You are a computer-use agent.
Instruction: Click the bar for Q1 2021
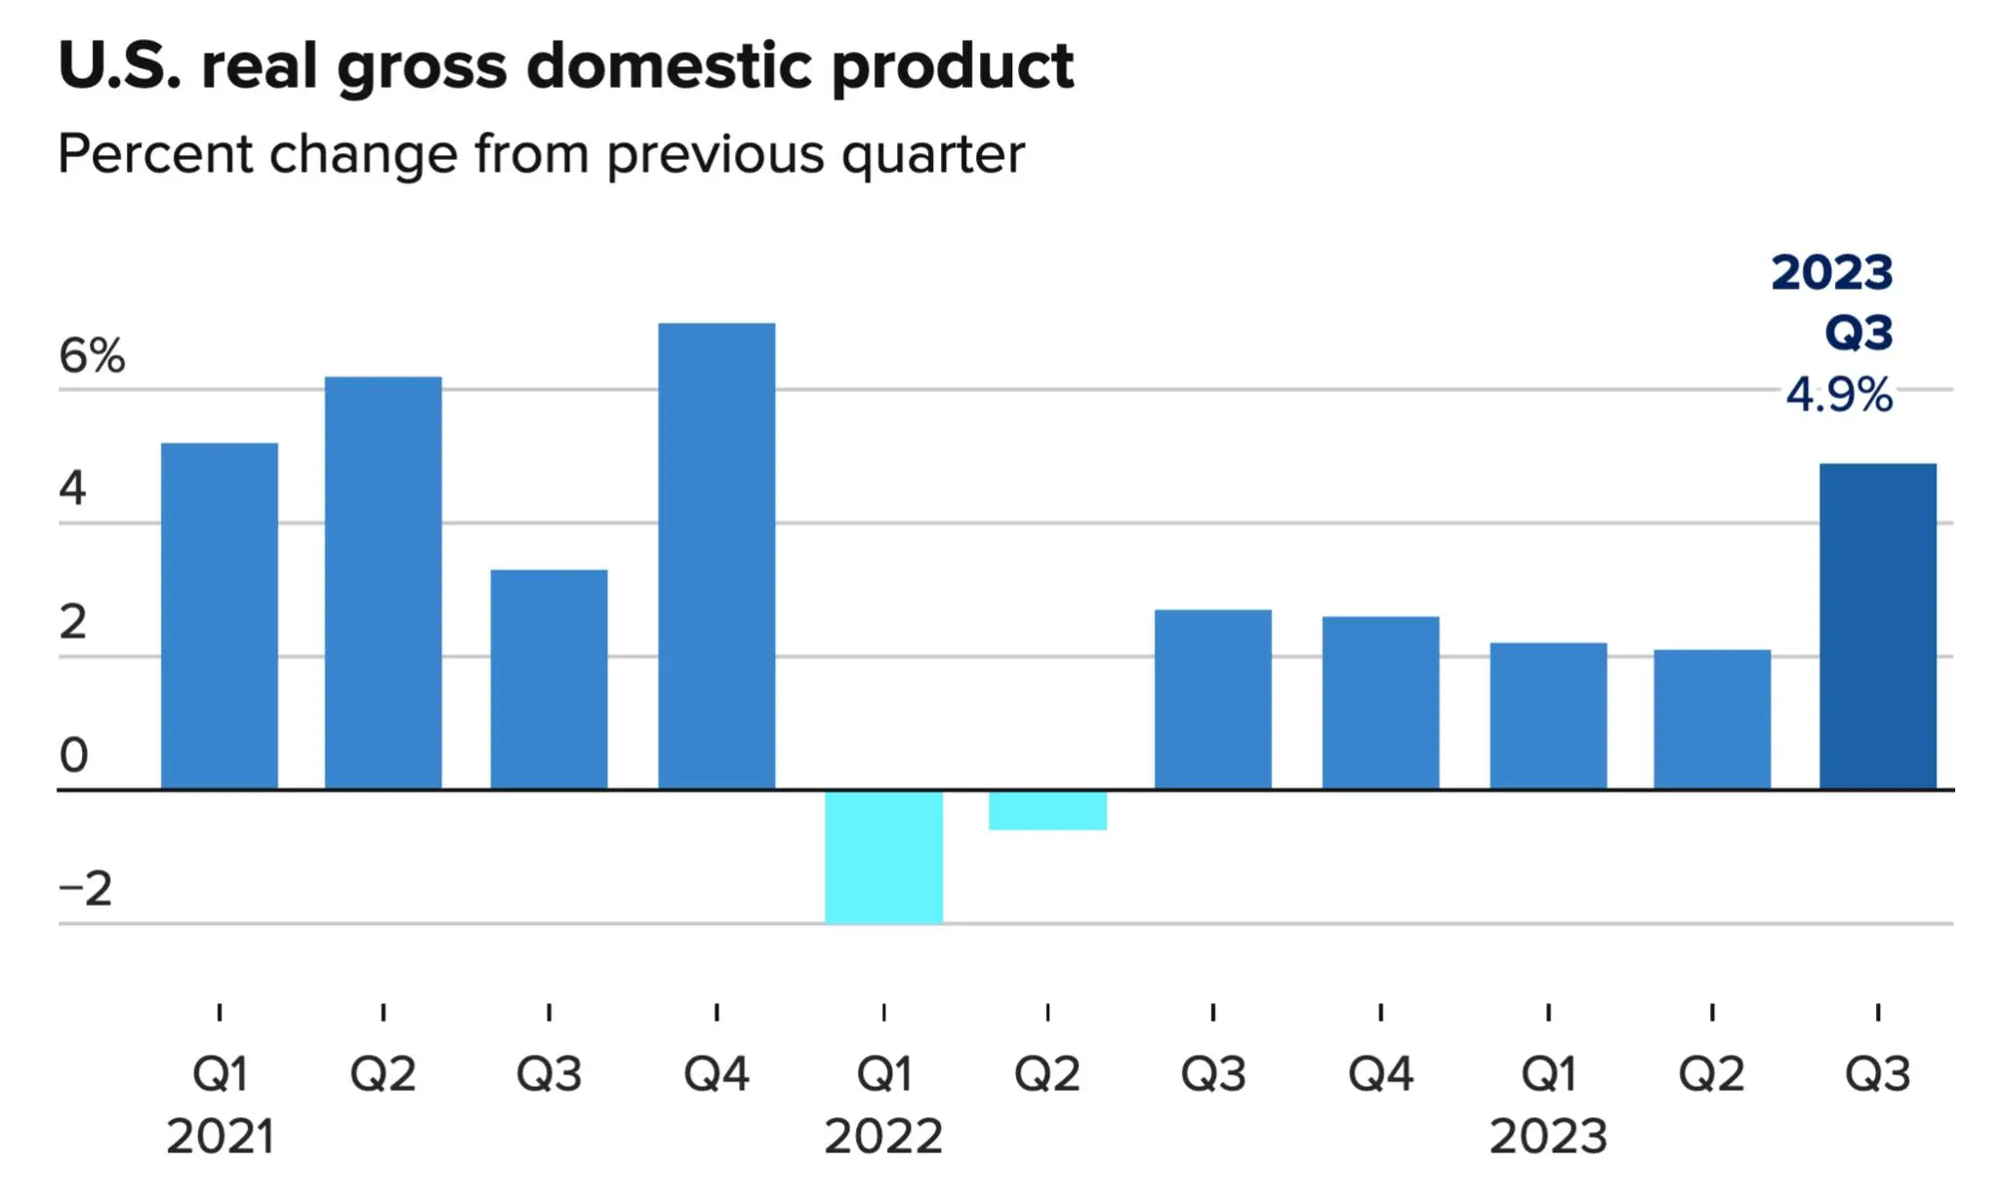(220, 616)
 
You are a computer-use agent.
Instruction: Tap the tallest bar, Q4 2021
(716, 555)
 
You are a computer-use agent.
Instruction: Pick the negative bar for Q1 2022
(884, 857)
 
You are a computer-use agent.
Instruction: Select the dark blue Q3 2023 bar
(1878, 626)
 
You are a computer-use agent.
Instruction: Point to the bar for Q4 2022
(1380, 702)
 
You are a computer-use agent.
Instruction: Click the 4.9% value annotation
(1839, 395)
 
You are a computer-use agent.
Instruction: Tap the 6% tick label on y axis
(92, 355)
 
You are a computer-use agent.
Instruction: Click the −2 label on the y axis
(86, 889)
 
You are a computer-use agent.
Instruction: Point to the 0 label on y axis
(74, 755)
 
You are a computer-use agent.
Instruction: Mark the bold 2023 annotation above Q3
(1832, 272)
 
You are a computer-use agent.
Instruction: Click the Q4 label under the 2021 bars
(716, 1074)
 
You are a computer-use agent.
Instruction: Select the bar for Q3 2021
(549, 679)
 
